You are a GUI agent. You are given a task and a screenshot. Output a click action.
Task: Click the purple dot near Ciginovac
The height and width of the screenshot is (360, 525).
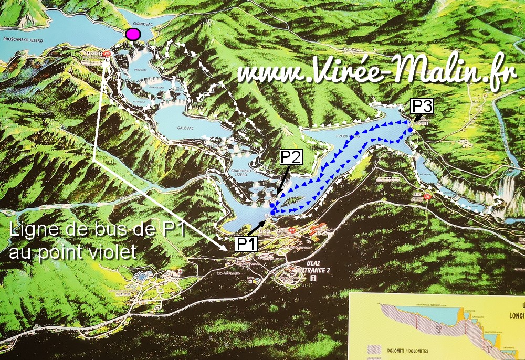coord(133,35)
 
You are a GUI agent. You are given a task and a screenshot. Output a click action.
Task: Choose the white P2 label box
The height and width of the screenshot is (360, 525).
coord(291,157)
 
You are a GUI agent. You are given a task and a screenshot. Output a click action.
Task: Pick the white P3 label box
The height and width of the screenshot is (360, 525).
coord(422,107)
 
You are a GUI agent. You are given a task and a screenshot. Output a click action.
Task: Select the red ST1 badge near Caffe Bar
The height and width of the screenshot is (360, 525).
coord(428,197)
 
